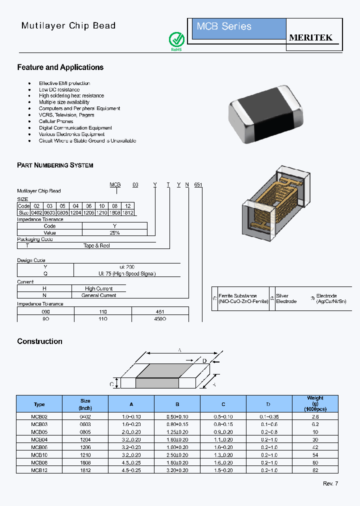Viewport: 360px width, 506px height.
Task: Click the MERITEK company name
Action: [x=311, y=38]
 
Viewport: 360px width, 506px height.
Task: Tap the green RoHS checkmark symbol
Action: [x=176, y=39]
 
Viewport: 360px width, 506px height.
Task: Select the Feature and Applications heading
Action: [x=60, y=67]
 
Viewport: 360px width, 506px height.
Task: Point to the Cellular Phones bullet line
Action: [x=56, y=121]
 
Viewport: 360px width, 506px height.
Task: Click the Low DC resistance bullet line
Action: [x=59, y=89]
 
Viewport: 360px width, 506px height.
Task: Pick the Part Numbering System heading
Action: [x=55, y=165]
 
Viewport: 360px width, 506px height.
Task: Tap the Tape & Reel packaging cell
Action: [x=96, y=245]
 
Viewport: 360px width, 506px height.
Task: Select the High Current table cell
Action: [x=98, y=288]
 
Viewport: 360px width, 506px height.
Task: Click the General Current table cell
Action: [x=98, y=295]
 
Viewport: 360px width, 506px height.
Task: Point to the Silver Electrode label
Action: [x=286, y=298]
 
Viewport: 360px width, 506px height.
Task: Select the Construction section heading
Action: [x=39, y=341]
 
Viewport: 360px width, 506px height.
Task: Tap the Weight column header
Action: [x=315, y=403]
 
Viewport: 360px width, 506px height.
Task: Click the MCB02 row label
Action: [x=39, y=416]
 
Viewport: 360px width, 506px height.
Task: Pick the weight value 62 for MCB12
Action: [x=315, y=470]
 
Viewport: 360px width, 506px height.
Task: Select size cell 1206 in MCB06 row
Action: [x=85, y=447]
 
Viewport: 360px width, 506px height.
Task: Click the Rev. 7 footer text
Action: [x=330, y=483]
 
